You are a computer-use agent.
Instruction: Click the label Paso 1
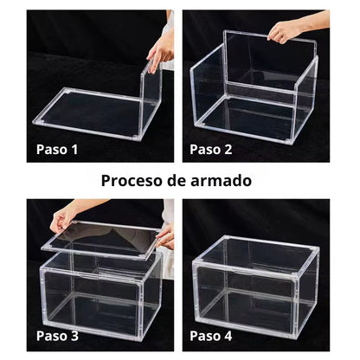click(57, 150)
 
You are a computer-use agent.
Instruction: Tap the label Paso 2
click(211, 150)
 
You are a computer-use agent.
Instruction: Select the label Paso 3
click(57, 336)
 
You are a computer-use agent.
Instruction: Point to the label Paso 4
click(211, 336)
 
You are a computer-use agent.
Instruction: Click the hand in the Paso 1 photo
click(161, 52)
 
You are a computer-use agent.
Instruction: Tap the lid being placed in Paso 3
click(100, 240)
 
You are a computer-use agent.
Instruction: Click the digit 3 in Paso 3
click(74, 336)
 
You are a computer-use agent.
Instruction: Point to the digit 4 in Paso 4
click(228, 336)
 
